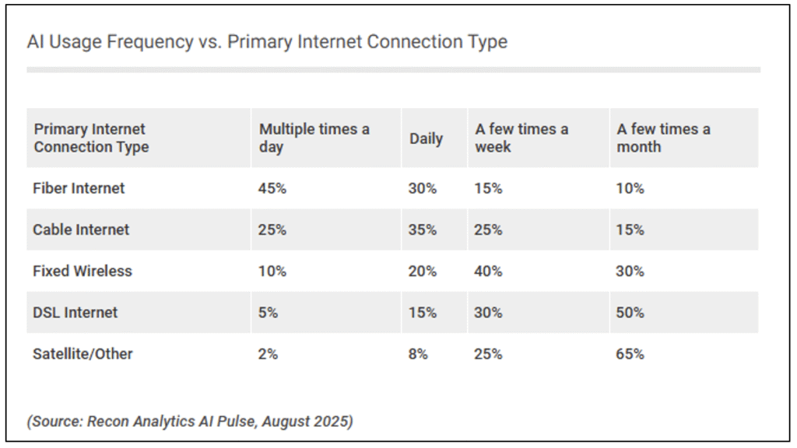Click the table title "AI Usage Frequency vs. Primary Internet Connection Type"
coord(267,42)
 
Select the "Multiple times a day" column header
coord(314,138)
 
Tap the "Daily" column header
coord(426,138)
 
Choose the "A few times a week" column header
coord(521,138)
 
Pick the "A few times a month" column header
coord(663,138)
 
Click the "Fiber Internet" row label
coord(79,188)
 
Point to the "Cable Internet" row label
coord(81,229)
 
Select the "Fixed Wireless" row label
coord(83,271)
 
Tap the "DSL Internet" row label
coord(75,312)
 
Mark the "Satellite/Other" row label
coord(83,354)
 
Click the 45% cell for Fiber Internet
coord(273,188)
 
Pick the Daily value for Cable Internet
coord(423,229)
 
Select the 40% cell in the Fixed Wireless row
coord(489,271)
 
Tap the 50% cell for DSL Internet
coord(630,312)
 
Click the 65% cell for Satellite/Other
coord(630,354)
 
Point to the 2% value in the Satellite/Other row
coord(269,354)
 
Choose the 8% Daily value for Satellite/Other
coord(418,354)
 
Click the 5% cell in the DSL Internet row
coord(269,312)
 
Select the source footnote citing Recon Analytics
coord(190,422)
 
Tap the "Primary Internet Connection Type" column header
coord(91,138)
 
